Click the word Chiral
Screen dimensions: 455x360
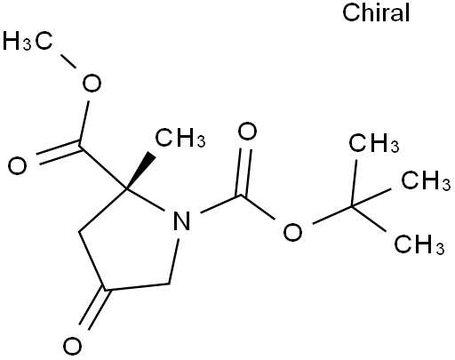tap(376, 12)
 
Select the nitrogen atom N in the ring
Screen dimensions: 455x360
tap(181, 220)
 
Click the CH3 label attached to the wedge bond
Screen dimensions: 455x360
tap(180, 138)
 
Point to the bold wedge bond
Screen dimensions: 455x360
tap(140, 171)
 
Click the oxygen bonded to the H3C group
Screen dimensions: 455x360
tap(92, 83)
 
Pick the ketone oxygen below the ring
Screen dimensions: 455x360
tap(72, 346)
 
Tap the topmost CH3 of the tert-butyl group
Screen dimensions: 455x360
tap(374, 143)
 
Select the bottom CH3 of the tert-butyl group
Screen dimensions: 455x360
tap(419, 244)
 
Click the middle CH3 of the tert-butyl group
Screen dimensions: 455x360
tap(426, 180)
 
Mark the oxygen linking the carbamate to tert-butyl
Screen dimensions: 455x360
tap(292, 231)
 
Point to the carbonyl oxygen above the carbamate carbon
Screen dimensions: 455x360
tap(247, 132)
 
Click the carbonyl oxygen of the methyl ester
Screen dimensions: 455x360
tap(17, 165)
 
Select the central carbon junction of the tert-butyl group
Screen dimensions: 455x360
tap(352, 206)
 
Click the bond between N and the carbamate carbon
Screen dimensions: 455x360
tap(221, 204)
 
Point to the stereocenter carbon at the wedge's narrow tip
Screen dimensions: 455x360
tap(126, 188)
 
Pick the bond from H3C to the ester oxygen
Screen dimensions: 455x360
tap(68, 61)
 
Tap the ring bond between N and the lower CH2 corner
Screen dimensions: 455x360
tap(173, 261)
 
